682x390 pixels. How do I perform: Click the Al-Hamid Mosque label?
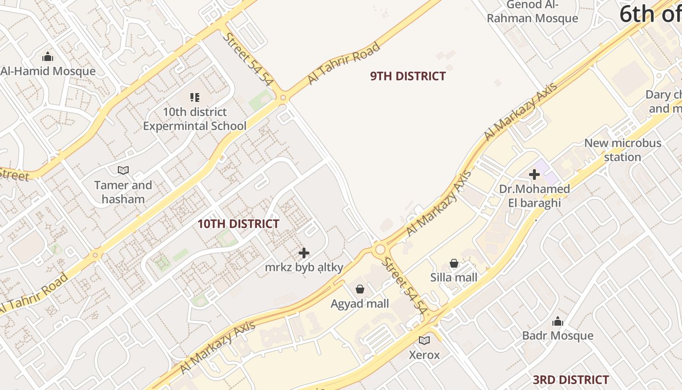(x=48, y=71)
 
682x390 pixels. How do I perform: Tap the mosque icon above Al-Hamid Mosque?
(x=48, y=57)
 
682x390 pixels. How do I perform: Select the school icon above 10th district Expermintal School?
(x=195, y=97)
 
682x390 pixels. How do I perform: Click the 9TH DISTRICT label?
(x=408, y=76)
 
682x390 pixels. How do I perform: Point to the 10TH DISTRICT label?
(x=238, y=224)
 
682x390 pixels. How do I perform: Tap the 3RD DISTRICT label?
(x=570, y=380)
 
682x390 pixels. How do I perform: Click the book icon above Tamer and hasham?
(x=123, y=170)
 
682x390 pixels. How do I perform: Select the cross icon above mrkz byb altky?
(x=304, y=253)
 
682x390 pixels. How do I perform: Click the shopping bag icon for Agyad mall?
(x=360, y=289)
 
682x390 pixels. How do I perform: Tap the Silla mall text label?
(x=454, y=277)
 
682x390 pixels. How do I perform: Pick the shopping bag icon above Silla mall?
(x=454, y=263)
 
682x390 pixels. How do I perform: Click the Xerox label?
(x=424, y=355)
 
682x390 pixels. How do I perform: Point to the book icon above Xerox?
(x=424, y=340)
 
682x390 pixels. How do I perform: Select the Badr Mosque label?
(x=558, y=335)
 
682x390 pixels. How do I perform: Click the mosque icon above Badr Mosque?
(x=558, y=321)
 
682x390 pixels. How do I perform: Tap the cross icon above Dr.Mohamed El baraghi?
(x=534, y=175)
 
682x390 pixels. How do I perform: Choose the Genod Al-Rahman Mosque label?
(x=532, y=12)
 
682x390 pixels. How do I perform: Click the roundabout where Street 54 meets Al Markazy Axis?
(x=380, y=250)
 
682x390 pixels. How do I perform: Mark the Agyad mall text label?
(x=360, y=304)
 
